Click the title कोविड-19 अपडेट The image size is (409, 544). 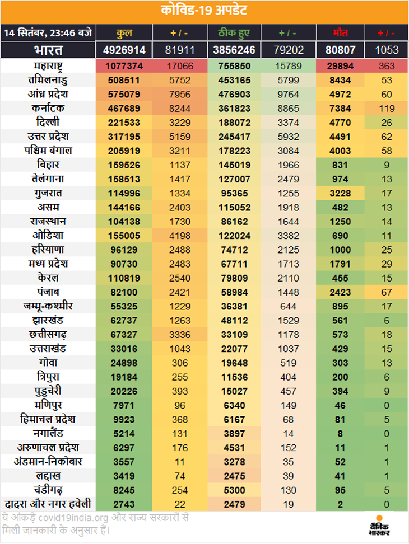[204, 11]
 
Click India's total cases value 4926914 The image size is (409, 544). [124, 50]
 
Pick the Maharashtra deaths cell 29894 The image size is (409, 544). [341, 66]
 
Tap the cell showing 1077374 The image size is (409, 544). [124, 66]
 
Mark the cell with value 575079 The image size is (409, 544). [124, 94]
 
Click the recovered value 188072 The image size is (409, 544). [234, 121]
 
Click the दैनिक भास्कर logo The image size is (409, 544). [381, 526]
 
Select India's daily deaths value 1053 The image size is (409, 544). [387, 50]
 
